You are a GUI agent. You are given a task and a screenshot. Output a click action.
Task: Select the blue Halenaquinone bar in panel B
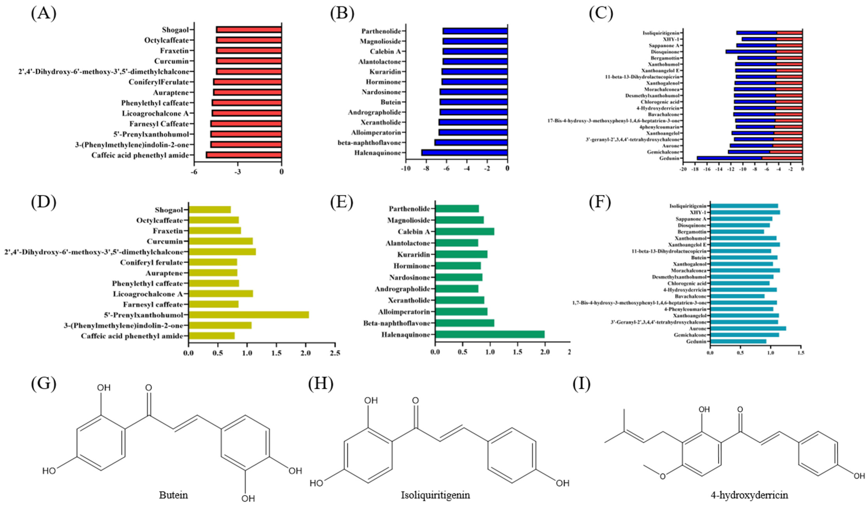pyautogui.click(x=464, y=153)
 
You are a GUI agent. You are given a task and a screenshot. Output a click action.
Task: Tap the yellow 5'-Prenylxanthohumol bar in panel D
pyautogui.click(x=248, y=315)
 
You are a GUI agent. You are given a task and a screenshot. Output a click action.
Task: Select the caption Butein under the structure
pyautogui.click(x=173, y=495)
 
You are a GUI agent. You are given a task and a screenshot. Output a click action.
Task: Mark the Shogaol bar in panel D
pyautogui.click(x=210, y=210)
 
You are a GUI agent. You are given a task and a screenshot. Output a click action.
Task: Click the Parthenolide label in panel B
pyautogui.click(x=381, y=31)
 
